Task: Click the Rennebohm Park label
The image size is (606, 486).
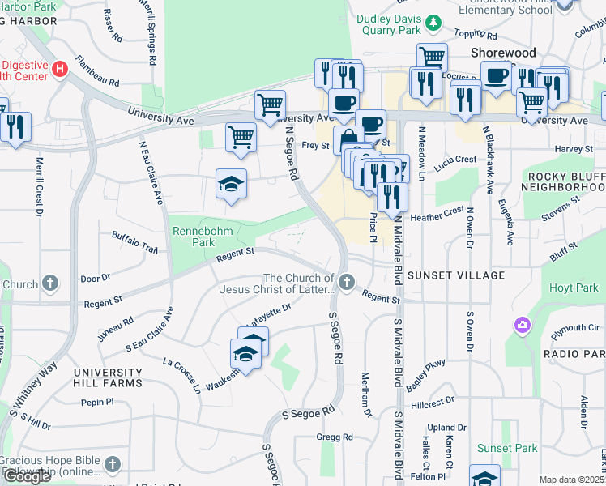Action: coord(194,237)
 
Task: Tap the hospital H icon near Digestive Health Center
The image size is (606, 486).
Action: coord(58,69)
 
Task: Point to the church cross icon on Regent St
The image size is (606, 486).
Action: coord(347,283)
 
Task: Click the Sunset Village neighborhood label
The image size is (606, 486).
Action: coord(456,275)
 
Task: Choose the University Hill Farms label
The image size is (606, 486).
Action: coord(108,377)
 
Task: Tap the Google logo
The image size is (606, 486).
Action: coord(27,476)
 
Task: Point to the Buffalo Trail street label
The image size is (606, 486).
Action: coord(134,241)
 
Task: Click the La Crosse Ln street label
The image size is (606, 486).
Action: coord(183,375)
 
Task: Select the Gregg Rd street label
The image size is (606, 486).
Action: coord(335,437)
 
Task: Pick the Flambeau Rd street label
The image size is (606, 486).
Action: coord(97,70)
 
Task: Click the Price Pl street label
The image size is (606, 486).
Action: coord(373,224)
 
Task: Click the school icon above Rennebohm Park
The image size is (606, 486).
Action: coord(231,184)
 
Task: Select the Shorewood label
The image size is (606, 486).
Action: coord(503,53)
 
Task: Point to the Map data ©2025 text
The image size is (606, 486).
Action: coord(572,480)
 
